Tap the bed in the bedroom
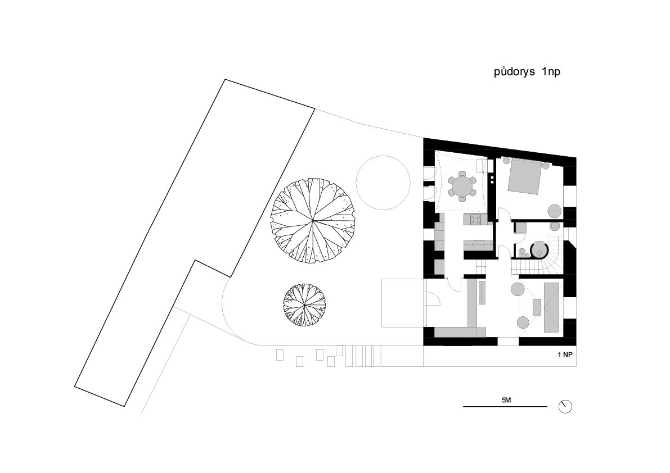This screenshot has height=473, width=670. coord(525,177)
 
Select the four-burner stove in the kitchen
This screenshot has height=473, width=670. coord(475,220)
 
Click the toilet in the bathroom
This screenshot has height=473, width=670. coord(521,253)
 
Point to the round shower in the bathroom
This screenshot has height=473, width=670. coord(539,250)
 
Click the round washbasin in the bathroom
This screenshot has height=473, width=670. coord(554,226)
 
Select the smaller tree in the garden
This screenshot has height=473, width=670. coord(304,304)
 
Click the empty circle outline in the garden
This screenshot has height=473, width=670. coord(383,182)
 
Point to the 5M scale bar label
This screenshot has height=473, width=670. coord(506,400)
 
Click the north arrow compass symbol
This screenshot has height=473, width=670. coord(565,407)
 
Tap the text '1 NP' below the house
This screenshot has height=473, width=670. coord(564,355)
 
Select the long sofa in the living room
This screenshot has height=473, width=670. coord(551,307)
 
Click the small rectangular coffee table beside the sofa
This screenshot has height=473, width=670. coord(537,307)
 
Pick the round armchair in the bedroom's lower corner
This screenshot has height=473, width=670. coord(555,211)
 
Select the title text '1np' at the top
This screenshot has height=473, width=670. coord(551,72)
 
